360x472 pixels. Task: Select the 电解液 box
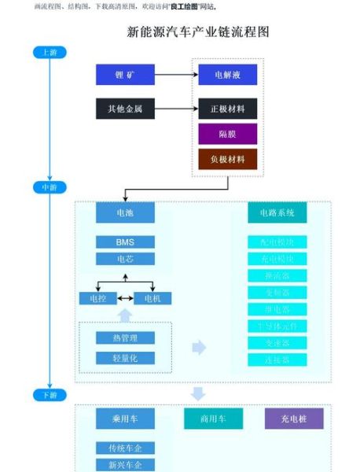[x=227, y=75]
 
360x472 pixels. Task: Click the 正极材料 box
[x=227, y=109]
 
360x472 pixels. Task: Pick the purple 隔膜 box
[x=227, y=134]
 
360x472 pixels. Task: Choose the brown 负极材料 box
[x=227, y=160]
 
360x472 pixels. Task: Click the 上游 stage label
[x=49, y=52]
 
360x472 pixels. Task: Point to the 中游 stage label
[x=49, y=187]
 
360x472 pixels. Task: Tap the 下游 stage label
[x=49, y=394]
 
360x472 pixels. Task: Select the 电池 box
[x=125, y=212]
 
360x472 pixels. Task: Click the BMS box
[x=125, y=242]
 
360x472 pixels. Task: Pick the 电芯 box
[x=125, y=259]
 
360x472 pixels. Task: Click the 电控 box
[x=98, y=298]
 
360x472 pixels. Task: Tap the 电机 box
[x=152, y=298]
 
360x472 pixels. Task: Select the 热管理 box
[x=125, y=337]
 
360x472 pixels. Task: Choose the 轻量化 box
[x=125, y=358]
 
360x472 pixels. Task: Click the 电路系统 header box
[x=277, y=212]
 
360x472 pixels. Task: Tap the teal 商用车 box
[x=214, y=419]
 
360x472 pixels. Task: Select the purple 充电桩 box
[x=293, y=419]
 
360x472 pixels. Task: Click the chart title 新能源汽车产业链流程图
[x=198, y=32]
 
